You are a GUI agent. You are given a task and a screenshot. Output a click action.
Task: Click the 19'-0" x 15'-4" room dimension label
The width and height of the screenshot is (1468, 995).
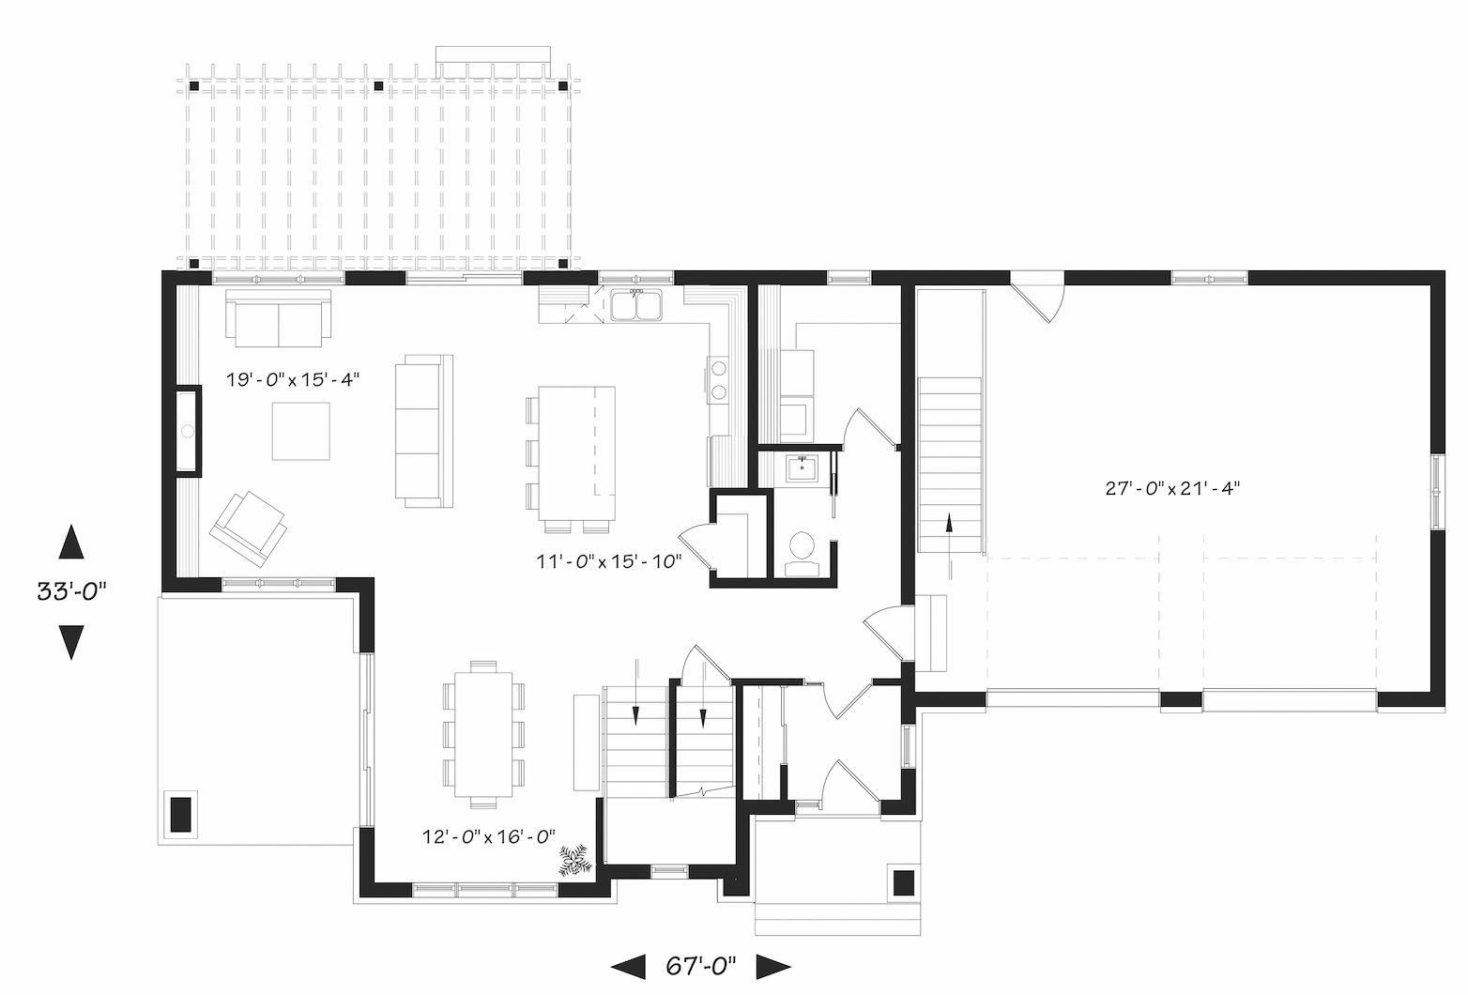click(x=293, y=379)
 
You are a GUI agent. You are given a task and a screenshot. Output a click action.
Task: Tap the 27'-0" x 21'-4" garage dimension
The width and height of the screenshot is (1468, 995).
click(x=1172, y=488)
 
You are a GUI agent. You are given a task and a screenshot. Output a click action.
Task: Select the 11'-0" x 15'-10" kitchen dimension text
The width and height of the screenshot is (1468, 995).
click(x=609, y=561)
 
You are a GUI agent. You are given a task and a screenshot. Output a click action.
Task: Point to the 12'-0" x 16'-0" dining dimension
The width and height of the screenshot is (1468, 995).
click(x=489, y=837)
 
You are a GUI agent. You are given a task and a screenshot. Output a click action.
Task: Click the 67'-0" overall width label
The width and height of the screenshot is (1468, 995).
click(x=700, y=966)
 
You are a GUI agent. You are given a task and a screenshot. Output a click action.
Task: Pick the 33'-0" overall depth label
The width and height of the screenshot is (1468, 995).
click(x=70, y=591)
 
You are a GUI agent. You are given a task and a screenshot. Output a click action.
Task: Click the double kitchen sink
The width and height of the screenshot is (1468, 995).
click(x=636, y=306)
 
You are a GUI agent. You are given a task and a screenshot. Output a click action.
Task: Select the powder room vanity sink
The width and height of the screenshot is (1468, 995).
click(x=802, y=468)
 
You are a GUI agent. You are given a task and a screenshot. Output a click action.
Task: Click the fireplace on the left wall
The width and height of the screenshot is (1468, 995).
click(x=188, y=431)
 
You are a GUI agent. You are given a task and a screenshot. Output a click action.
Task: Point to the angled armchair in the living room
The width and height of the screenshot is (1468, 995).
click(x=249, y=529)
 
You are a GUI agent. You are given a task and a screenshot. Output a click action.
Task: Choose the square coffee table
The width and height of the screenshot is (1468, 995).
click(x=300, y=431)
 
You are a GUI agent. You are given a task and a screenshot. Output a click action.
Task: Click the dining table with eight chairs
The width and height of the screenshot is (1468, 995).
click(x=483, y=734)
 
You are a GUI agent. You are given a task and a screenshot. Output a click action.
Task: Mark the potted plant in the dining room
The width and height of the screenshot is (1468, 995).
click(x=574, y=860)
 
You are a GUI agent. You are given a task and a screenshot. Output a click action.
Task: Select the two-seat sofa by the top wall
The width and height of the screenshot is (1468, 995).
click(x=278, y=318)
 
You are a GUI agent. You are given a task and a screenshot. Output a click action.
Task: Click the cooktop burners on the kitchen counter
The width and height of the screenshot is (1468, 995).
click(x=719, y=379)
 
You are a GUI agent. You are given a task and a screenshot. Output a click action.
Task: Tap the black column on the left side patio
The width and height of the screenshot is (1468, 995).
click(x=181, y=814)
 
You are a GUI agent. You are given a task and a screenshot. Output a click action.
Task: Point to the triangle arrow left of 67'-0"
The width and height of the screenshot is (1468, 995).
click(x=628, y=967)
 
